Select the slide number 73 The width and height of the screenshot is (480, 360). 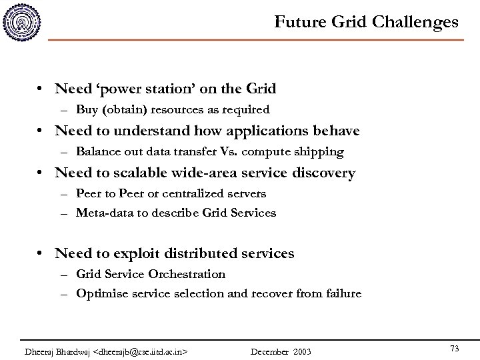click(455, 331)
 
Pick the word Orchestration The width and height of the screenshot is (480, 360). click(188, 273)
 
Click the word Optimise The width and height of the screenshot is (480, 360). click(100, 293)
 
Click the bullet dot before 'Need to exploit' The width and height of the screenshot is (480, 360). click(41, 254)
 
